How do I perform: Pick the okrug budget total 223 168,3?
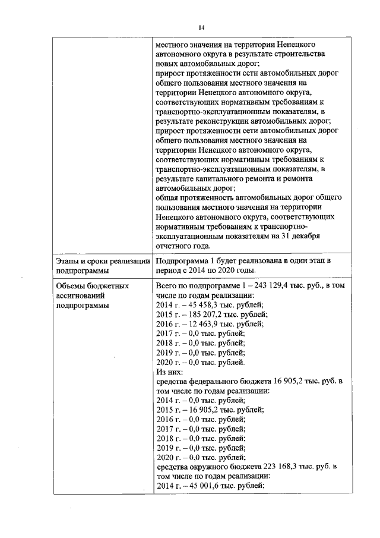(x=280, y=467)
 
